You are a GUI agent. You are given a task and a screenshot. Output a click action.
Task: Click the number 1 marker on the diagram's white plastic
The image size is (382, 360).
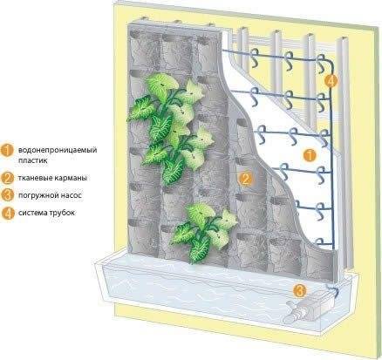coord(310,155)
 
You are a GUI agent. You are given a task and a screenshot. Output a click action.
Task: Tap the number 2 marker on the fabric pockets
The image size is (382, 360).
coord(246,179)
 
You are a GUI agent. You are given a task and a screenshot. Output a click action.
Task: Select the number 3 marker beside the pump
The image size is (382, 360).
coord(299,290)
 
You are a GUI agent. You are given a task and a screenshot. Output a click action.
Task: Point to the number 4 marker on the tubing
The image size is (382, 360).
coord(331,81)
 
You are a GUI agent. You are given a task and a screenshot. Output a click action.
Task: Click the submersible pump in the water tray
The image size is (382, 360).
coord(307,310)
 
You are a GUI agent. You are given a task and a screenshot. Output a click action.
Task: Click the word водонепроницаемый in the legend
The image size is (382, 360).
coord(58,150)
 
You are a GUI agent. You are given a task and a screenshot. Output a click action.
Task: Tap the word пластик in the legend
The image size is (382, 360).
coord(32,160)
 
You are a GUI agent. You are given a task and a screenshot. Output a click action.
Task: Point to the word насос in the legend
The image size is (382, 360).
coord(70,195)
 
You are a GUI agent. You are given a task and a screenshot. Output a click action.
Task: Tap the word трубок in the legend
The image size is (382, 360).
coord(64,213)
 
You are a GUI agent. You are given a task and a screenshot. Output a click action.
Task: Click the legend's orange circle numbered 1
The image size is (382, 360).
coord(7,151)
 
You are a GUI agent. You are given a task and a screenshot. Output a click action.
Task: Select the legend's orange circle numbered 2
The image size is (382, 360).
coord(7,178)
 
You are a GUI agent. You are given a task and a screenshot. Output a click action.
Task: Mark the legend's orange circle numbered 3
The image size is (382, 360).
coord(7,195)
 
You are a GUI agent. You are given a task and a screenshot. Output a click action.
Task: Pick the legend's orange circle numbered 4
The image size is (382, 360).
coord(7,213)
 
